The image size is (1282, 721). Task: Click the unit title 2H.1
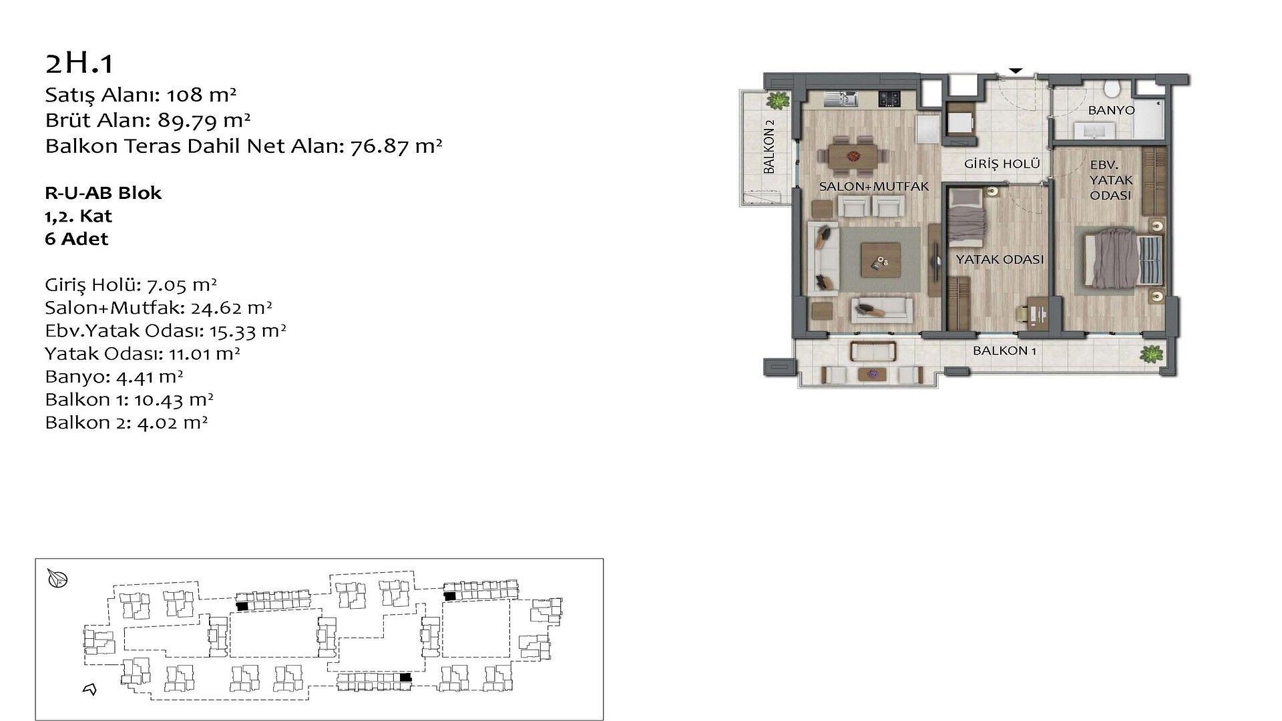(x=79, y=63)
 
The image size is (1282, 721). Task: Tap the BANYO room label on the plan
(x=1111, y=110)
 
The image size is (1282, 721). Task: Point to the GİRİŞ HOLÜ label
(x=1002, y=164)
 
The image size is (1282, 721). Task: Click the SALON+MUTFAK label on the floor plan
(x=874, y=187)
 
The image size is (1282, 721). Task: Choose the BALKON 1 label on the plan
(x=1004, y=350)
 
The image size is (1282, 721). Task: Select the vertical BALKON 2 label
(x=769, y=147)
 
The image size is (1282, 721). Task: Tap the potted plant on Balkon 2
(x=777, y=101)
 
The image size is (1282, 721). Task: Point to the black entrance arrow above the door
(x=1015, y=70)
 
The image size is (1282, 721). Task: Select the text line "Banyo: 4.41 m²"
(x=114, y=377)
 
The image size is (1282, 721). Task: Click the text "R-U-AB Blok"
(x=103, y=193)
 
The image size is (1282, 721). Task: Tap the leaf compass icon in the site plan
(x=58, y=579)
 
